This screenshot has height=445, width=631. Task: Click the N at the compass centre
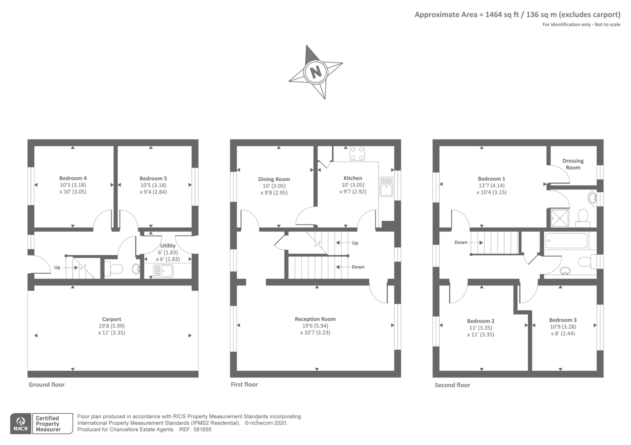click(315, 72)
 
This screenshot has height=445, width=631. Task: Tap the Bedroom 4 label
click(73, 178)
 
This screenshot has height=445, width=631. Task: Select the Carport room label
click(112, 319)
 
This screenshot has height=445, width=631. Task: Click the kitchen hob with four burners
click(357, 153)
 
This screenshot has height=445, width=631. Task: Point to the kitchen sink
click(386, 187)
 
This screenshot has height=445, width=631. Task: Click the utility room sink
click(163, 271)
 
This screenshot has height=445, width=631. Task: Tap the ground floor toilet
click(115, 269)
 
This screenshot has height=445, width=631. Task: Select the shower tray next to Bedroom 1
click(560, 218)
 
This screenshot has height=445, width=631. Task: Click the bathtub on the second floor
click(566, 241)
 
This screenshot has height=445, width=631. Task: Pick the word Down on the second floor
click(461, 242)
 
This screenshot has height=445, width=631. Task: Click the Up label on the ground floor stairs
click(57, 267)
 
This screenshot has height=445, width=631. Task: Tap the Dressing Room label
click(573, 164)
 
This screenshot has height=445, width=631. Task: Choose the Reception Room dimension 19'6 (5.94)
click(315, 326)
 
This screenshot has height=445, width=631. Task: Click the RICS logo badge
click(21, 424)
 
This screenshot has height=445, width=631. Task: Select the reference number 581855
click(202, 430)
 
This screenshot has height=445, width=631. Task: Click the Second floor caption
click(452, 385)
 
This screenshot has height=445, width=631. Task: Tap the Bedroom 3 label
click(563, 320)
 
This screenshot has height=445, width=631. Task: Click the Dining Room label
click(274, 179)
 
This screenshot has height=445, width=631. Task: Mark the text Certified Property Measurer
click(48, 424)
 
